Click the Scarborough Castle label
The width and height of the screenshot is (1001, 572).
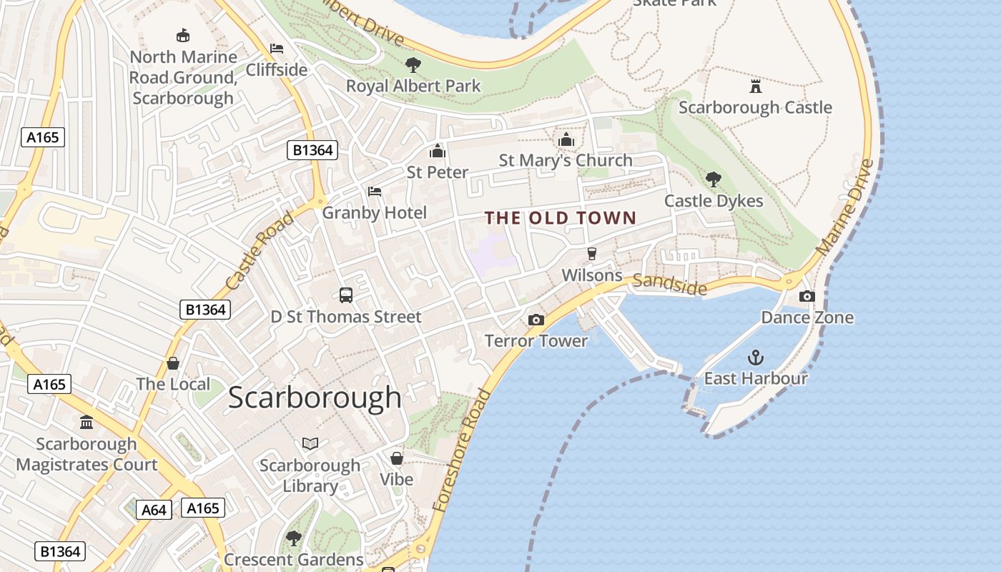click(x=755, y=107)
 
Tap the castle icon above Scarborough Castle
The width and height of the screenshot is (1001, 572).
click(x=755, y=87)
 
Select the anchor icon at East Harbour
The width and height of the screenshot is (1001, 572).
click(x=755, y=357)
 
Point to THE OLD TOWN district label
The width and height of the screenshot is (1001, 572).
click(x=561, y=218)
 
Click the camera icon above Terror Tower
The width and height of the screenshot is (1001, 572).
click(x=536, y=320)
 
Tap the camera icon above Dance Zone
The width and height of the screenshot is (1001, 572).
click(x=807, y=296)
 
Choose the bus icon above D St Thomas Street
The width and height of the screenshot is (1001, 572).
click(x=346, y=295)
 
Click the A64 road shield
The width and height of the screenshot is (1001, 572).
click(x=154, y=510)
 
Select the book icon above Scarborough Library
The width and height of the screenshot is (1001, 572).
click(x=310, y=444)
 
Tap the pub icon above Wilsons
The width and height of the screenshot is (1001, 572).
click(x=591, y=254)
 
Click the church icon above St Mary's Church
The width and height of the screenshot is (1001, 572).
click(x=566, y=139)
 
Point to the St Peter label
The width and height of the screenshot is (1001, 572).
click(x=437, y=172)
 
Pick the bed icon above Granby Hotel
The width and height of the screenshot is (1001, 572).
click(x=374, y=192)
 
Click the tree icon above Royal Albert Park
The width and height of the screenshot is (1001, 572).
click(x=413, y=65)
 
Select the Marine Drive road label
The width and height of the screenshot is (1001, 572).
click(x=844, y=207)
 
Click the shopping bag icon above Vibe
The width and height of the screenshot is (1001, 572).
click(x=396, y=458)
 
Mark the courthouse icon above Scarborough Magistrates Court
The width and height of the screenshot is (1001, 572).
click(x=87, y=423)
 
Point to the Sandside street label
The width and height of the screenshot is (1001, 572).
click(x=670, y=284)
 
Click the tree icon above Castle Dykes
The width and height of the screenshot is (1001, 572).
click(x=713, y=179)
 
